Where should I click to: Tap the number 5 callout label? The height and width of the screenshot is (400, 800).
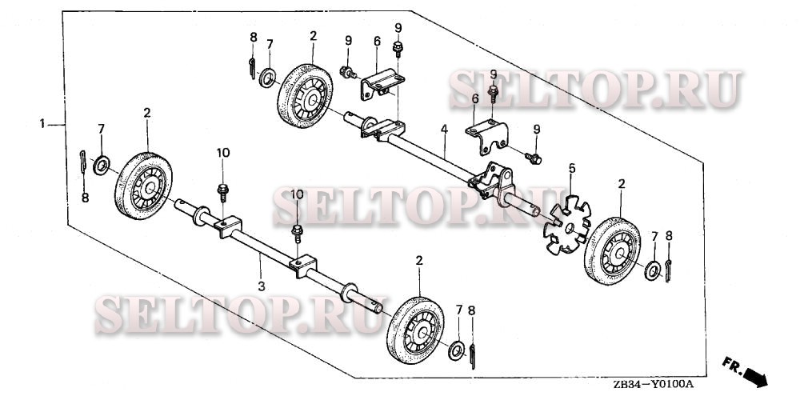point(571,168)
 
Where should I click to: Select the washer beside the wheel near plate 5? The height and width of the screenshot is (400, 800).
point(653,270)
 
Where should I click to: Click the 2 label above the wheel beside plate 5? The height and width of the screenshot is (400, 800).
point(622,184)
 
